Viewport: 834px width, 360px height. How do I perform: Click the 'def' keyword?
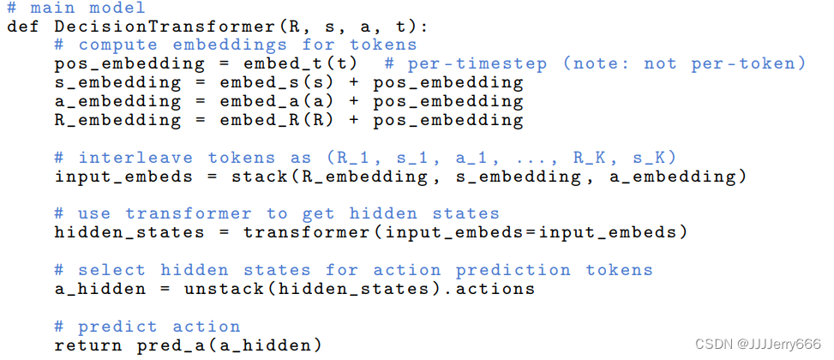point(22,27)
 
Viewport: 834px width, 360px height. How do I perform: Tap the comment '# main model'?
point(76,9)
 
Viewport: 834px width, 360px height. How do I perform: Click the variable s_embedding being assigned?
point(117,83)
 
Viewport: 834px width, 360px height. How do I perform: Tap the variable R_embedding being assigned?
point(117,121)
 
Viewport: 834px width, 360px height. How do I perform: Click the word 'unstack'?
point(219,289)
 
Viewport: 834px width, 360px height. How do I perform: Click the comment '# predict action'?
point(147,327)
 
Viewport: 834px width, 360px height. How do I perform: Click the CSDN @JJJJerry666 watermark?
point(759,345)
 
